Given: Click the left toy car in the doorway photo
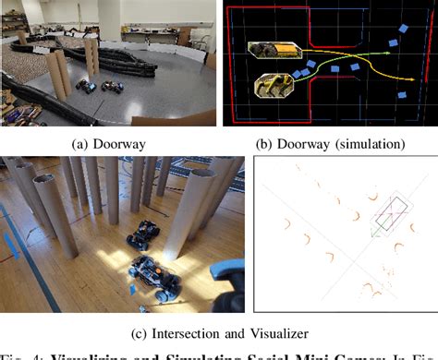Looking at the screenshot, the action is [x=85, y=86].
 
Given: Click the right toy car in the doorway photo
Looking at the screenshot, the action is [x=111, y=88].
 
